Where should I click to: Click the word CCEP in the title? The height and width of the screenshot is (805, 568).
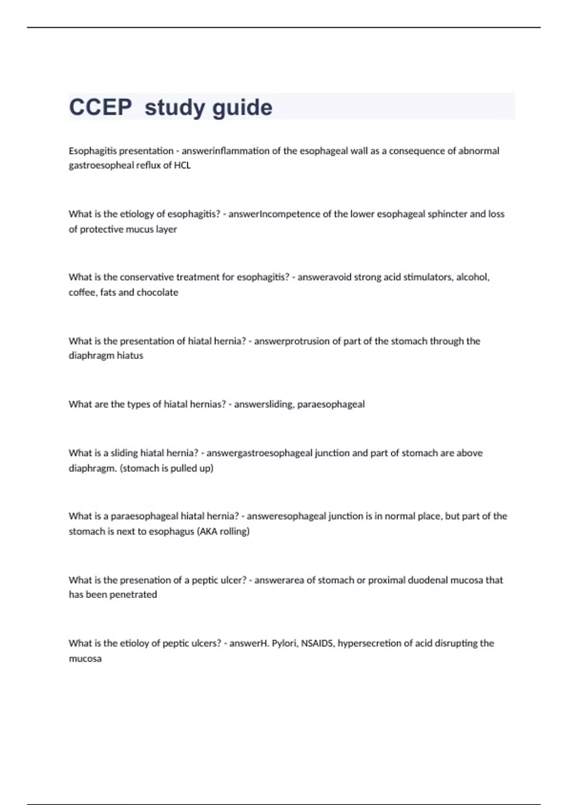[x=100, y=107]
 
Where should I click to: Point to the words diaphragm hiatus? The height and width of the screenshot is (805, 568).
[x=106, y=356]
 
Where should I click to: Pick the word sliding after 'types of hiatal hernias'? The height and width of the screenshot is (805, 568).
[x=279, y=404]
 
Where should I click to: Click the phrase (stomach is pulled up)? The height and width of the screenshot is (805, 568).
[x=167, y=468]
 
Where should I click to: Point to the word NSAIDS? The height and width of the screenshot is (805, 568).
[x=317, y=644]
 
